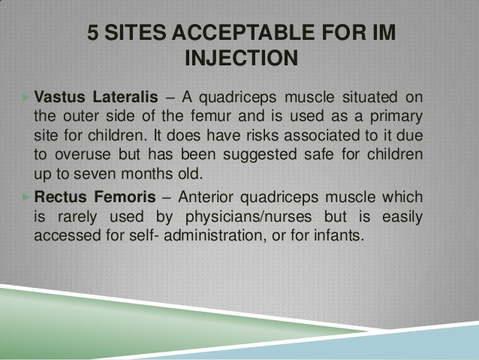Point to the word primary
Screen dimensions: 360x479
tap(397, 118)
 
